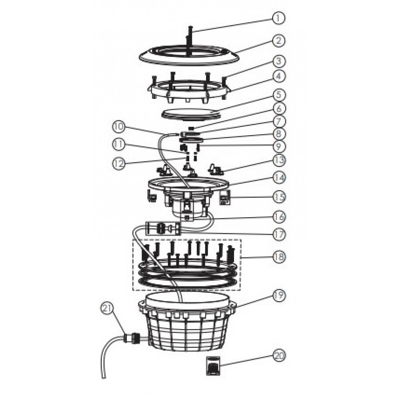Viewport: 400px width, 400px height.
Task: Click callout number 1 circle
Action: point(278,18)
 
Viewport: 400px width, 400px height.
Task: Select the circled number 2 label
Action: point(278,41)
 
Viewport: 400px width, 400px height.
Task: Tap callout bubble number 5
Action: point(279,95)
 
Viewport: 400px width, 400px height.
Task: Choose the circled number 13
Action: point(279,160)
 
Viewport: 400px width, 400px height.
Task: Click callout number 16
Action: point(279,216)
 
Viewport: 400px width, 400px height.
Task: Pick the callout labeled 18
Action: point(279,256)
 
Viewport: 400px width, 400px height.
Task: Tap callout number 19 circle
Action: point(279,296)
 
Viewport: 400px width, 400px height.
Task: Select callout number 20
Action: point(279,356)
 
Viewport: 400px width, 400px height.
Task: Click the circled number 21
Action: point(107,309)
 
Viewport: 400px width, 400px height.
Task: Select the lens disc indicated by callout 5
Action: point(191,114)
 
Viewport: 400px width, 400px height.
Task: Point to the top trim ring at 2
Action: point(189,61)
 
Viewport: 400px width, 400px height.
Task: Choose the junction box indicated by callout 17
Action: point(163,228)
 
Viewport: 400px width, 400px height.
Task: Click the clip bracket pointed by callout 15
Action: point(224,197)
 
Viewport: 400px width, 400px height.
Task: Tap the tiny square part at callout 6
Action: point(193,128)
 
